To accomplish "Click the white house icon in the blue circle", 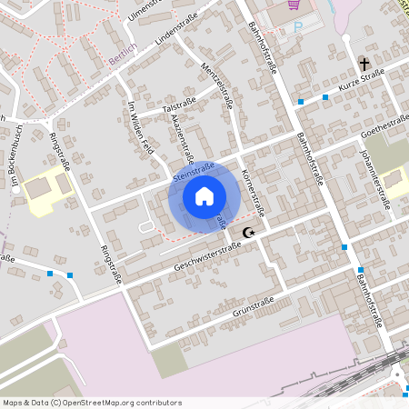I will [204, 195].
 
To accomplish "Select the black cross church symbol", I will [364, 65].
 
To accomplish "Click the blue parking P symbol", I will [297, 26].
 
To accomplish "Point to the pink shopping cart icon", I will [293, 5].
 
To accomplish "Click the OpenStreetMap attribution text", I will [92, 402].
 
